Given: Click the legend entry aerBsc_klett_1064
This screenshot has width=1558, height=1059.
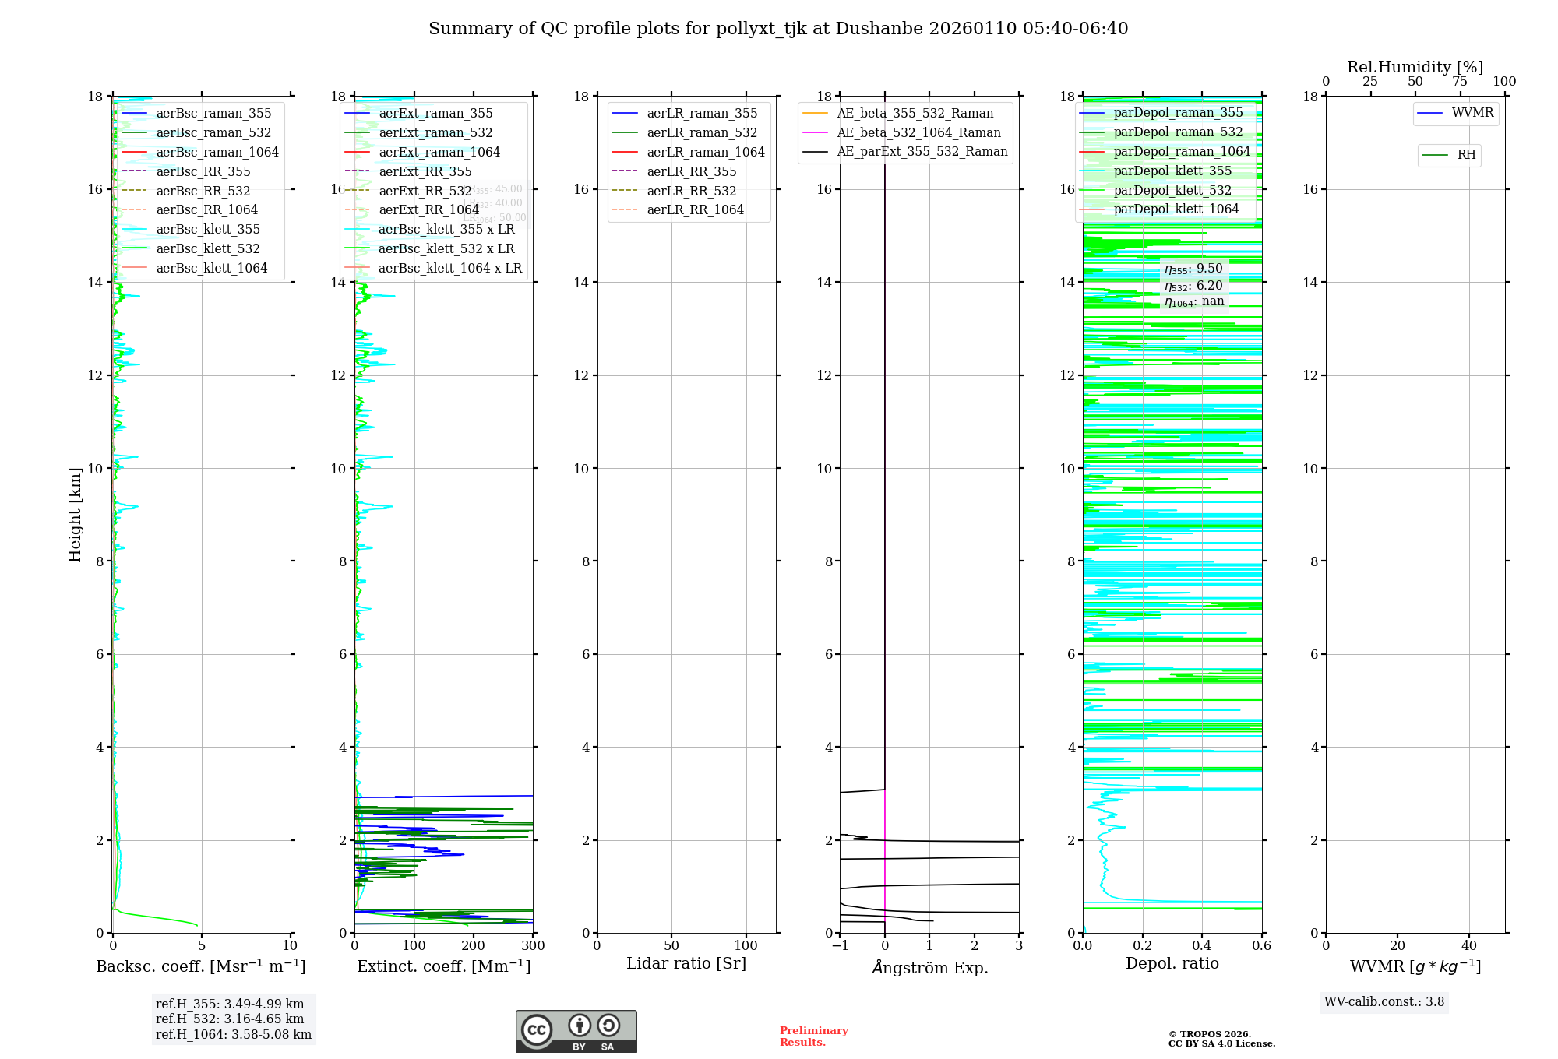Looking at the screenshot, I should click(x=211, y=268).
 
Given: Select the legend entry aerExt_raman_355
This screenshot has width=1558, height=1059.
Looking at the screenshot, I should click(x=435, y=114).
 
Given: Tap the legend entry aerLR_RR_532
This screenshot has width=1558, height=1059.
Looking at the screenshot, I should click(x=691, y=191).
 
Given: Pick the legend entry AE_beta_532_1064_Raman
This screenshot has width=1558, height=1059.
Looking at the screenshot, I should click(x=918, y=132).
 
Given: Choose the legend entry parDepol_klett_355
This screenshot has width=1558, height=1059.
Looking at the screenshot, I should click(x=1172, y=171).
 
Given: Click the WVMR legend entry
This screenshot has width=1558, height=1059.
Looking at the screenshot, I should click(x=1472, y=113).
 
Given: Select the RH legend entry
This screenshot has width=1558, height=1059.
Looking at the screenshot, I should click(x=1466, y=155).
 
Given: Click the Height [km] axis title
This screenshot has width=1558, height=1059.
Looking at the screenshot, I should click(x=75, y=515).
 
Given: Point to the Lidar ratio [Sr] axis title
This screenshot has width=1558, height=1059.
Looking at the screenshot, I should click(x=686, y=963).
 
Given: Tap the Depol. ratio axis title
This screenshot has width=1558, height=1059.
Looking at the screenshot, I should click(x=1172, y=963).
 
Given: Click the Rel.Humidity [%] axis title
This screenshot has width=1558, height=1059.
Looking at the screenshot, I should click(x=1415, y=67).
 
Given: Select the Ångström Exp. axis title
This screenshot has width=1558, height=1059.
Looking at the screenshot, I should click(x=929, y=967).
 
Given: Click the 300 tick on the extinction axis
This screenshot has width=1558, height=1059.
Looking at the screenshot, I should click(x=533, y=946).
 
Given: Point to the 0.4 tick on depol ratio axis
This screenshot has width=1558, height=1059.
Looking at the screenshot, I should click(x=1202, y=946).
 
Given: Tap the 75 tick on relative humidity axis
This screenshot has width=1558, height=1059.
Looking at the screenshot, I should click(x=1459, y=82).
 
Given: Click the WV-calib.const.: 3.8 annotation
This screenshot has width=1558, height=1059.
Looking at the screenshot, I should click(x=1384, y=1002).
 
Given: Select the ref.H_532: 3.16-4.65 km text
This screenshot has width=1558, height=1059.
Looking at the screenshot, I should click(x=230, y=1019).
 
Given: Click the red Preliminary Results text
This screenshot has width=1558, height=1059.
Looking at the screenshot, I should click(x=813, y=1036).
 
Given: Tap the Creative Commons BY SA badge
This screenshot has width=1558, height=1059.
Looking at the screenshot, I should click(x=576, y=1031).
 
